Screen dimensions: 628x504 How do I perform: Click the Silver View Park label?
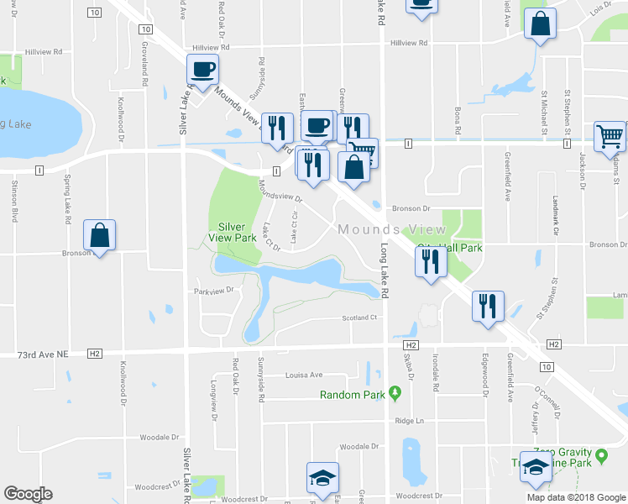237,232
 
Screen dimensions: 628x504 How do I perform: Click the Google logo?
28,494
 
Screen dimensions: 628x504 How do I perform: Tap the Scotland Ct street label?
361,318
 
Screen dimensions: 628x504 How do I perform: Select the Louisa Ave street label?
304,375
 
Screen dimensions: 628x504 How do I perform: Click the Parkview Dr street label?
212,291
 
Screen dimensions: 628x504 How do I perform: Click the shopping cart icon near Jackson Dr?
610,137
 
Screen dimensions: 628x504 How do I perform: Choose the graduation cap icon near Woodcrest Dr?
322,478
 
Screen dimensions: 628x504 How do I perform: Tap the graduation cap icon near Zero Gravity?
535,467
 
